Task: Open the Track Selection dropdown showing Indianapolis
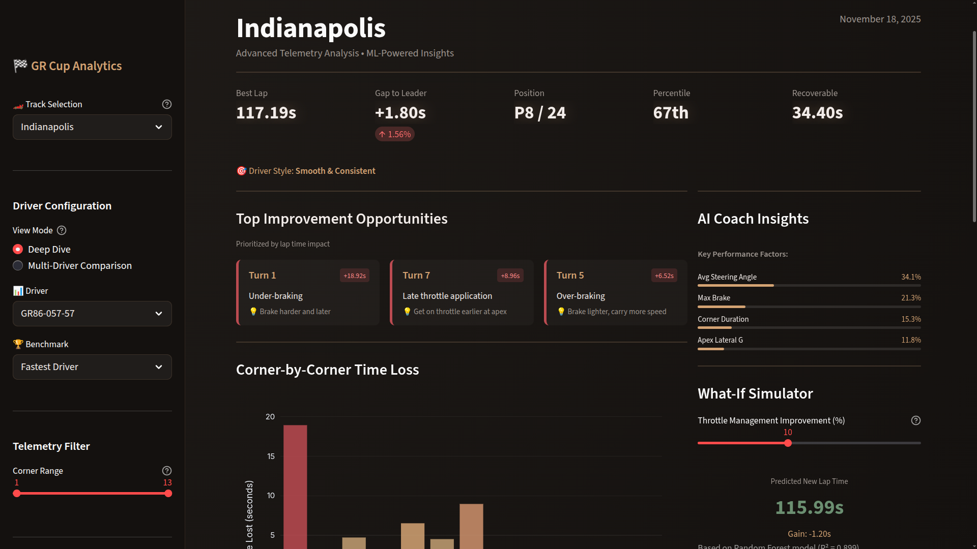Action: pos(92,127)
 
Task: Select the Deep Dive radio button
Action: pos(18,250)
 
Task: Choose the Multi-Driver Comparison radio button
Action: pos(18,266)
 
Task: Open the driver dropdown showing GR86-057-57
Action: pos(92,314)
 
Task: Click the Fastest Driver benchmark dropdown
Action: pos(92,367)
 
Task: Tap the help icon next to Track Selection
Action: pos(166,104)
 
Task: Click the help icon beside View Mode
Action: pos(62,230)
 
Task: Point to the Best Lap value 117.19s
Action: pos(266,113)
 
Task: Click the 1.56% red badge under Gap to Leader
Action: pos(395,134)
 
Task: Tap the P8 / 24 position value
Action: pos(540,113)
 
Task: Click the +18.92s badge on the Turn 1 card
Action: pos(354,276)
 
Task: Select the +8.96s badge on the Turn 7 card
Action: pos(510,276)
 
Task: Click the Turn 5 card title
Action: pos(570,275)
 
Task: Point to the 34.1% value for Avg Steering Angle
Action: pos(911,277)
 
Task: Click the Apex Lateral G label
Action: pos(720,340)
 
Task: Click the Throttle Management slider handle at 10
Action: pos(788,443)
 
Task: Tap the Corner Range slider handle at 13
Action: pos(168,494)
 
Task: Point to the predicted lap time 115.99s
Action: pos(809,507)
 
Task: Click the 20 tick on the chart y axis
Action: pos(270,417)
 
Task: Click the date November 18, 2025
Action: pos(880,19)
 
